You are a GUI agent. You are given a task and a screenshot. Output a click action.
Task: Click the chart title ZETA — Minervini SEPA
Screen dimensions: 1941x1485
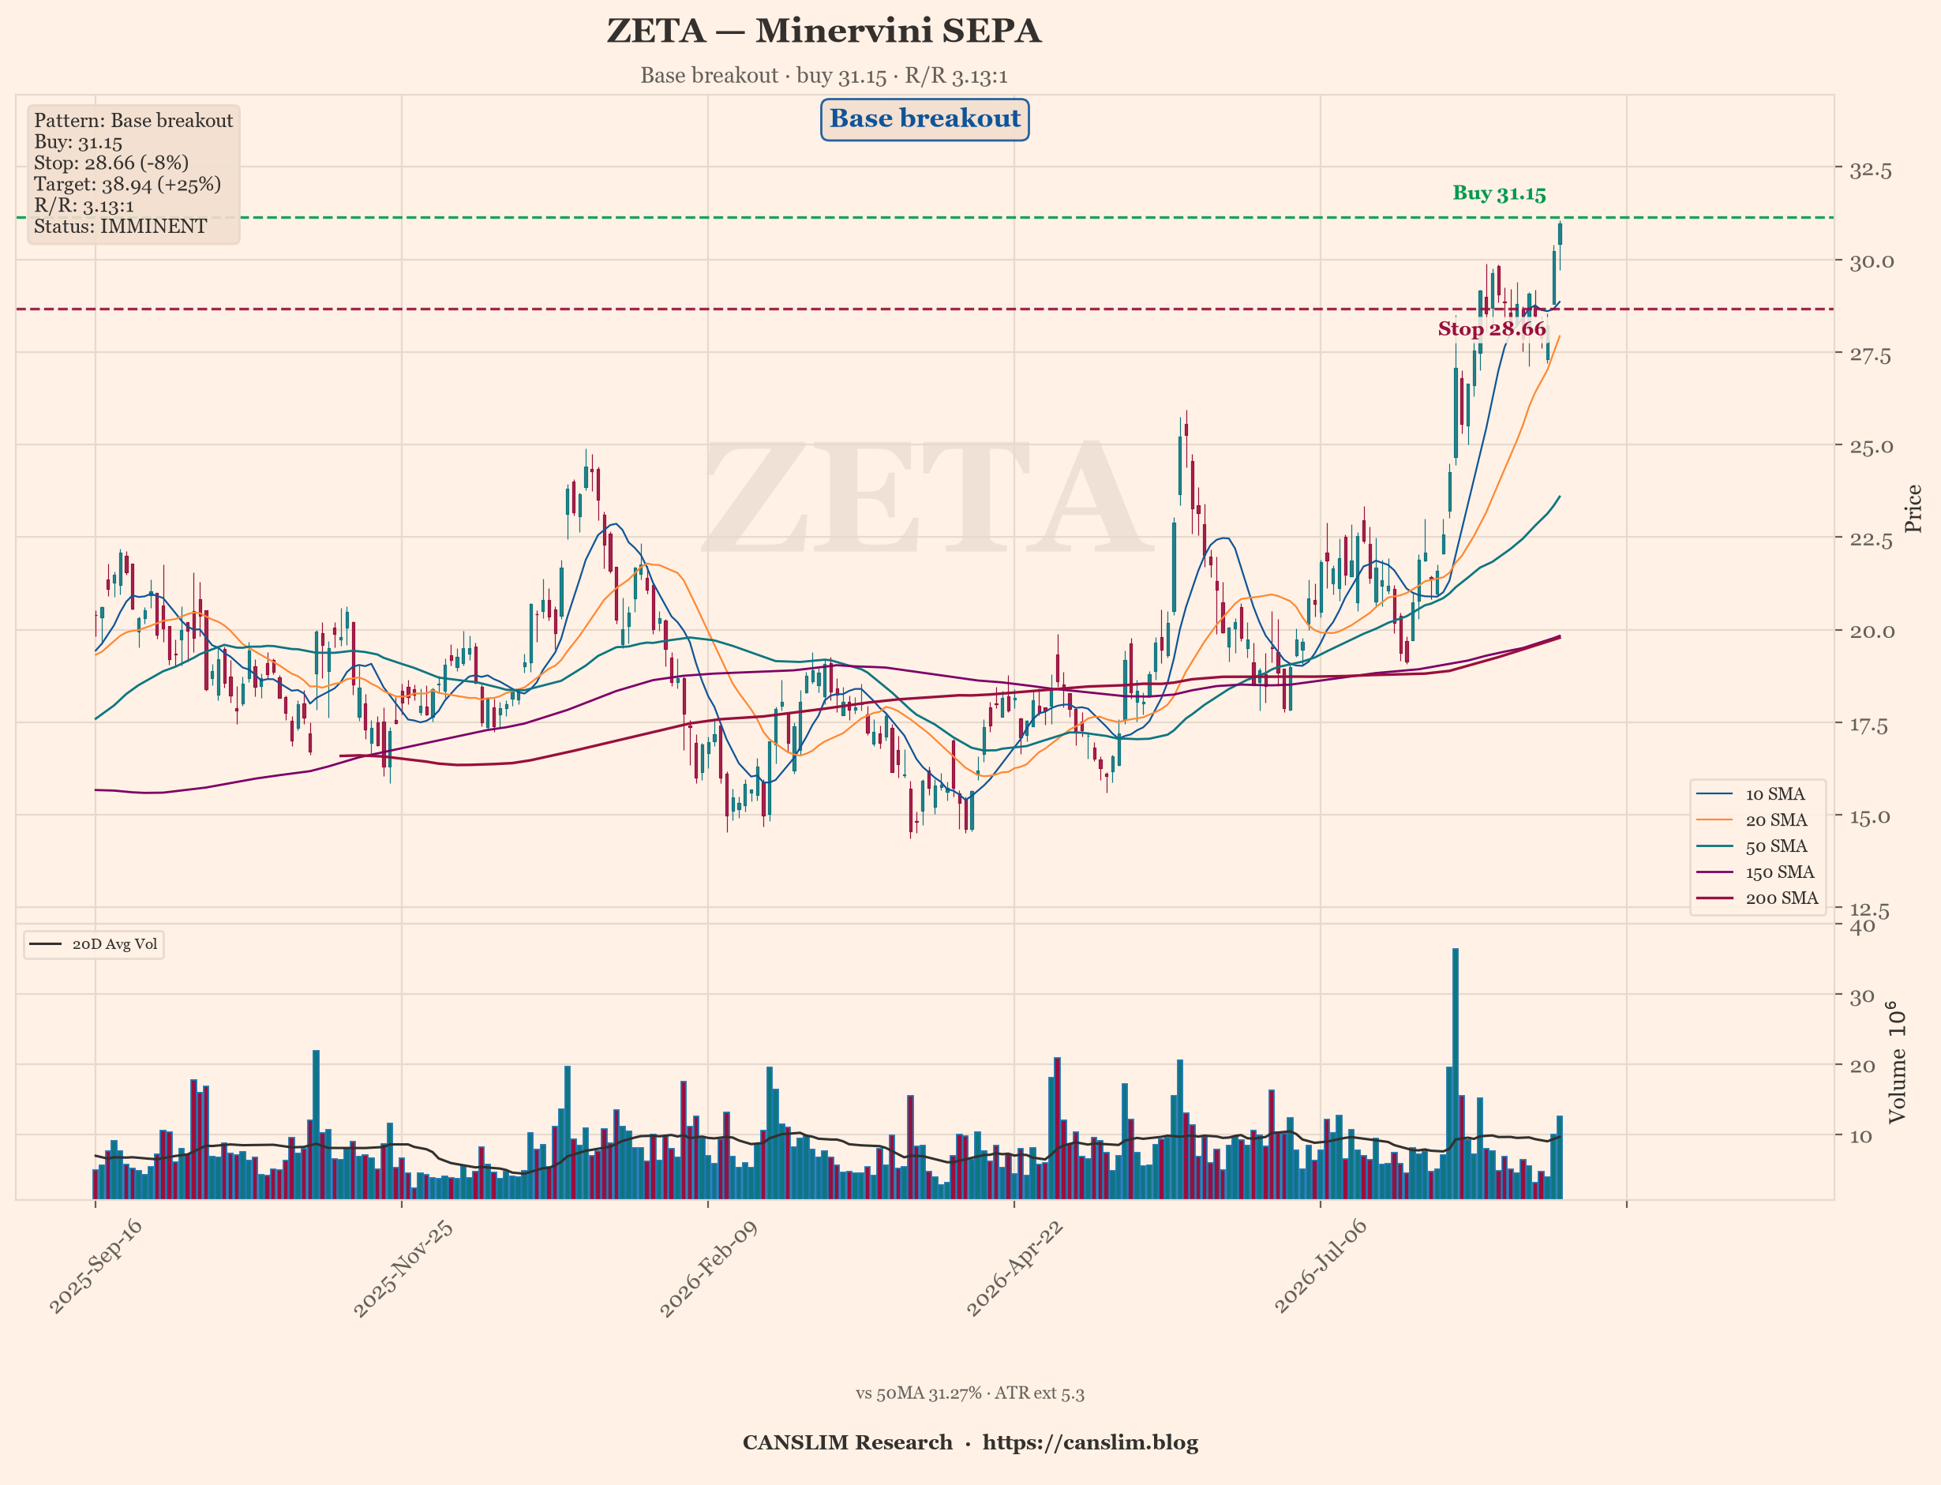point(824,31)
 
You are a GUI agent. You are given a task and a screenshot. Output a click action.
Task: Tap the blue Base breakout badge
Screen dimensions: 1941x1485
point(924,119)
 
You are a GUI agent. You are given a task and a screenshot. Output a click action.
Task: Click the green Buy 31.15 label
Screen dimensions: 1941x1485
point(1499,193)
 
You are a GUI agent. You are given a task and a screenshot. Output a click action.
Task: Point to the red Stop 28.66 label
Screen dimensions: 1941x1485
point(1492,329)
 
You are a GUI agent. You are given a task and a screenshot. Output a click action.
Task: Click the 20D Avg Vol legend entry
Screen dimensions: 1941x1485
point(94,944)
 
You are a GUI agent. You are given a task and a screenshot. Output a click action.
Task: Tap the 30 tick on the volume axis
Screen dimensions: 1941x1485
point(1862,996)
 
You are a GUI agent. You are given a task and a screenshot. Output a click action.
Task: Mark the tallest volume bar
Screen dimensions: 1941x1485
point(1456,1073)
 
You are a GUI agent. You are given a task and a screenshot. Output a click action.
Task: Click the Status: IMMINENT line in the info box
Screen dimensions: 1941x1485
point(120,227)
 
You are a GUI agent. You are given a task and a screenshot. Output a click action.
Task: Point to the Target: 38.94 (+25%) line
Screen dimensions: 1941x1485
point(127,184)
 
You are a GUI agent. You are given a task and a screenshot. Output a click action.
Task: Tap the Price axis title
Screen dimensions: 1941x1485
point(1913,508)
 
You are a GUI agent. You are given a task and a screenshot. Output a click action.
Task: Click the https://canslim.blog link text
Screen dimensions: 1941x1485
point(1091,1442)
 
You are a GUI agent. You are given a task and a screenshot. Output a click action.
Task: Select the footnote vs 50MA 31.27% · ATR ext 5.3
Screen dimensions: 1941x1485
point(969,1393)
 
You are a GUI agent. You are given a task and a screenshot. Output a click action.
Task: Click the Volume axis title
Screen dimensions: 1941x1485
point(1897,1062)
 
